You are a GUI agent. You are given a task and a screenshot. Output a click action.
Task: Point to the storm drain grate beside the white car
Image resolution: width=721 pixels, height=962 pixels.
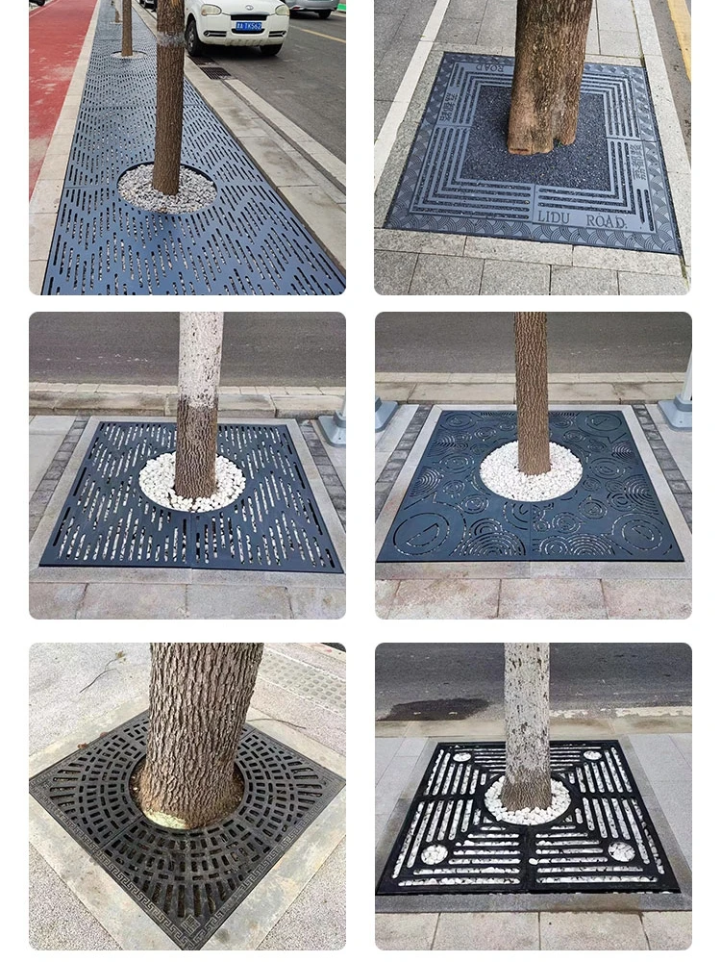click(x=215, y=72)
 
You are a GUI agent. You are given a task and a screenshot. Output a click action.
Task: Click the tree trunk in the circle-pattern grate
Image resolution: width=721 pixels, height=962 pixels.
click(x=531, y=385)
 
